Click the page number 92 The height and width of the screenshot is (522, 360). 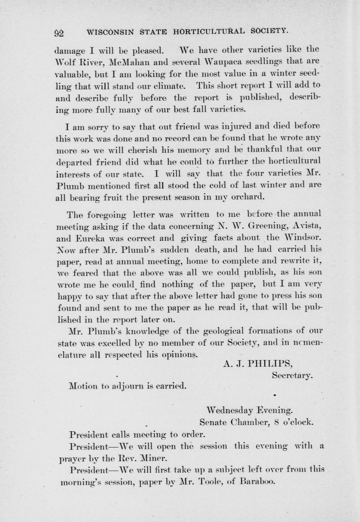59,33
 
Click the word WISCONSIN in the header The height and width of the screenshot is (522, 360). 110,32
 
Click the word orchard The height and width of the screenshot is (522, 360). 248,197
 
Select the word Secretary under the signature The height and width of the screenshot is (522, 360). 292,376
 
